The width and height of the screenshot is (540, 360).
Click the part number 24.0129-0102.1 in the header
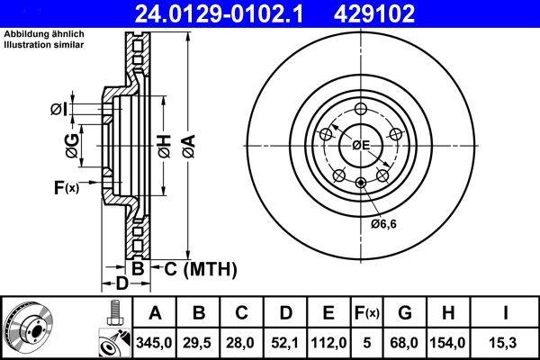219,13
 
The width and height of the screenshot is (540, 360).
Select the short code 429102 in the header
374,13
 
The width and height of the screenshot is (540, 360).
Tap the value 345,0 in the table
154,343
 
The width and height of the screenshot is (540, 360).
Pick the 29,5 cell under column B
198,343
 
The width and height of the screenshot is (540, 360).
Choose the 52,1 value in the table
284,343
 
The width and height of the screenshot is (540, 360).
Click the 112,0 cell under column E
328,343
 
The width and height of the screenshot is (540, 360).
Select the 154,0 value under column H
447,343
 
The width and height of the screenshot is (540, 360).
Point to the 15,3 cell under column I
505,343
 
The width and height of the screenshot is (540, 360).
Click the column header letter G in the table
405,313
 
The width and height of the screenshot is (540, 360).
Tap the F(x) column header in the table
367,313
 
